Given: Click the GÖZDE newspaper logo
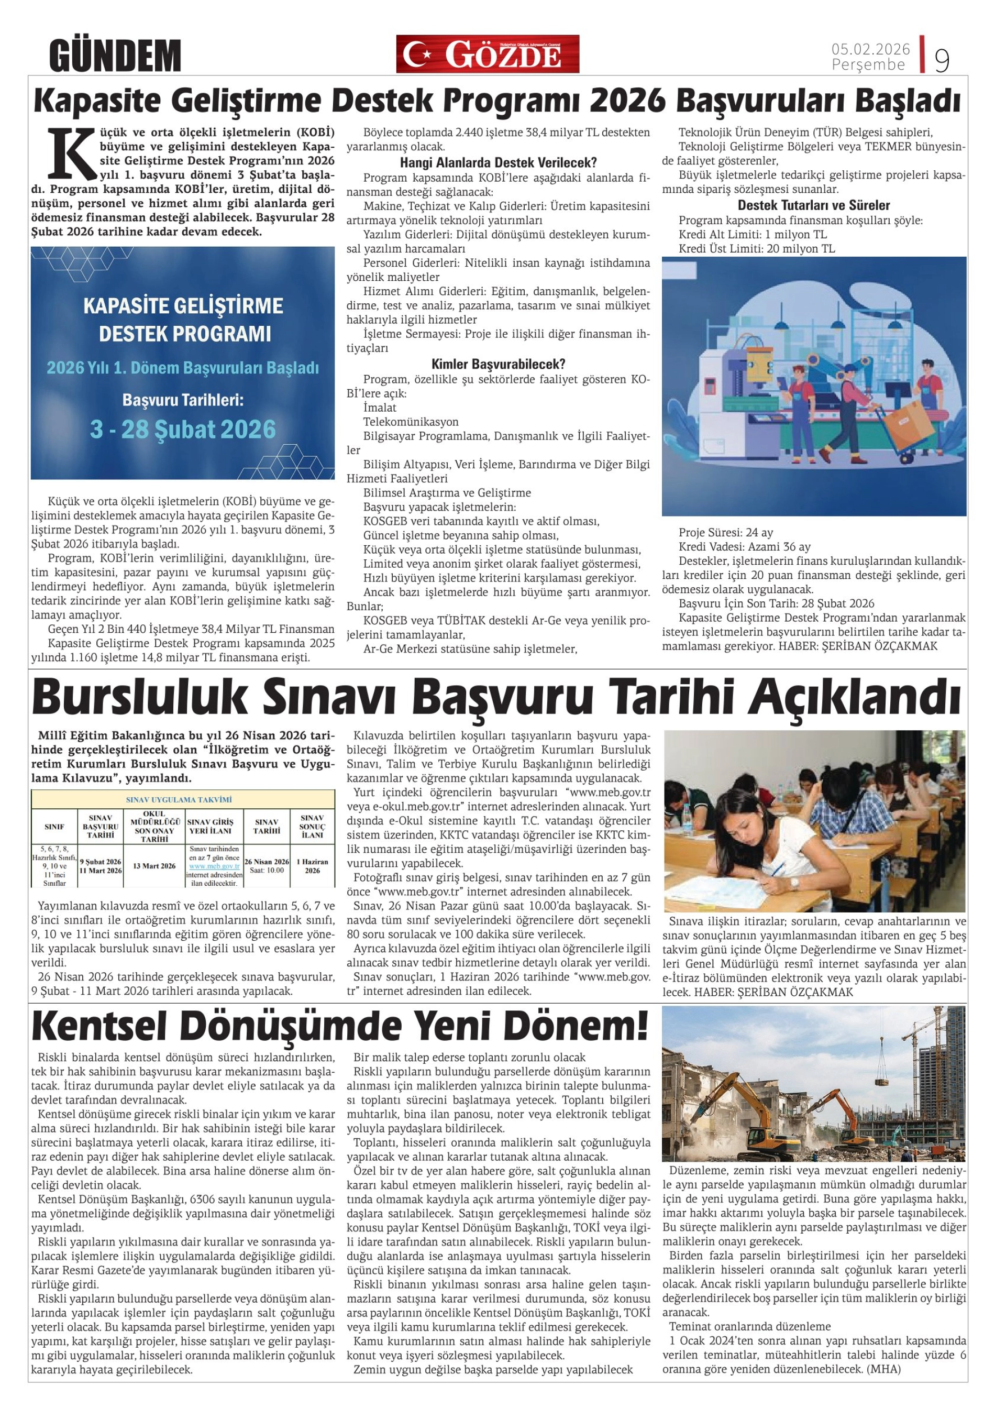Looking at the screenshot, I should (488, 54).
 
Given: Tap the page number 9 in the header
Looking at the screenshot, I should (942, 60).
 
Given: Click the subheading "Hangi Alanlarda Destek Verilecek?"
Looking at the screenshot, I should (498, 163).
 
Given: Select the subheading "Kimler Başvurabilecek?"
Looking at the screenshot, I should (498, 364).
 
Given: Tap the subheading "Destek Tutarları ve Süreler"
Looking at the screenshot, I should (813, 205).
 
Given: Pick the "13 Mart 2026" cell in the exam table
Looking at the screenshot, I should (154, 866).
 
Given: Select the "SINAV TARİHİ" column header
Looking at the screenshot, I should (267, 826).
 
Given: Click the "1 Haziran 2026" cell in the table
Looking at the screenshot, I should (312, 865).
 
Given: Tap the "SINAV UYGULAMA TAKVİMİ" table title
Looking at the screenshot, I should (183, 799).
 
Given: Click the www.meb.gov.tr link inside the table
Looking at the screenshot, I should (214, 866).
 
